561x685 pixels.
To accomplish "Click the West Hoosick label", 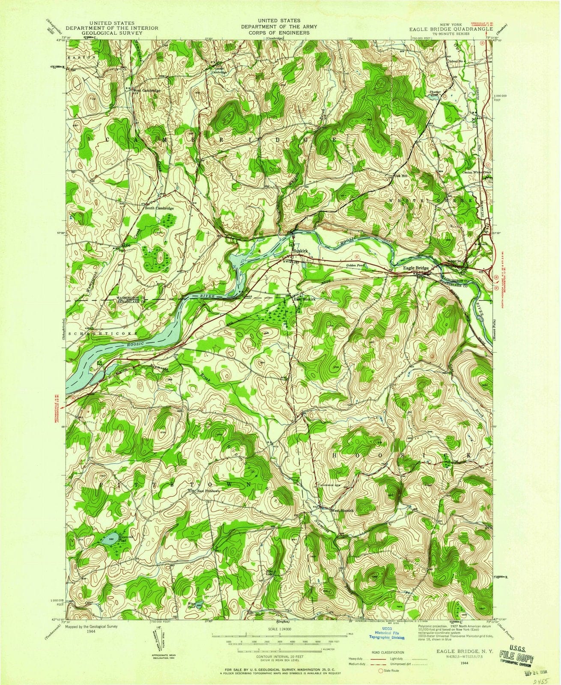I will click(x=341, y=510).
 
